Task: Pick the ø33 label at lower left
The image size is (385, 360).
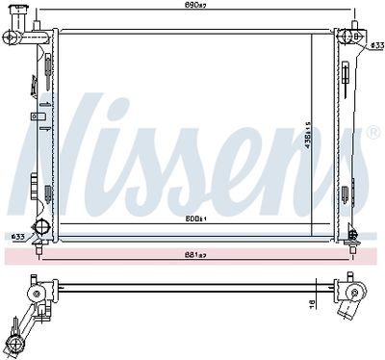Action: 17,237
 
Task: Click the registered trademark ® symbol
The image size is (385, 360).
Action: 373,132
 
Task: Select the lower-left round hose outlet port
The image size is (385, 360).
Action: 40,227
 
